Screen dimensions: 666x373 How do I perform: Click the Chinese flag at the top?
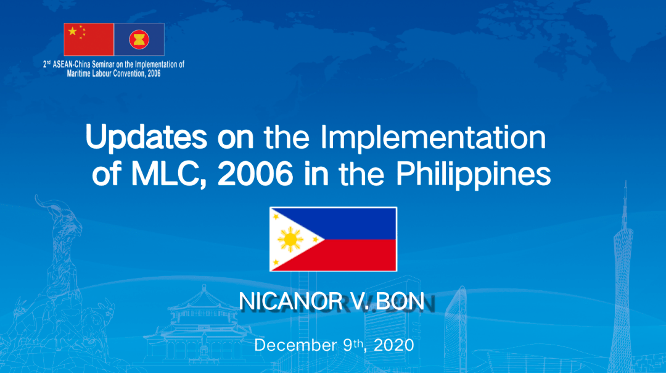click(89, 40)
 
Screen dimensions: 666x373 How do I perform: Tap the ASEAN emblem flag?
click(139, 40)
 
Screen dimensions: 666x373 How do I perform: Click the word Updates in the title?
click(146, 138)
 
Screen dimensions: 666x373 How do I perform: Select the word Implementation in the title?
click(433, 138)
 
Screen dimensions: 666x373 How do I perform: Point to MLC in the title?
click(168, 174)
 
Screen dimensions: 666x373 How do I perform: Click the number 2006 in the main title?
click(255, 174)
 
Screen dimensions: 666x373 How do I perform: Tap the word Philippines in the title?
click(474, 174)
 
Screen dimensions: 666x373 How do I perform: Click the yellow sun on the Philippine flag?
click(290, 240)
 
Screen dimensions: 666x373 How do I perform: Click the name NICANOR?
click(290, 301)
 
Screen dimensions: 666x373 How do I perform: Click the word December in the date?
click(295, 345)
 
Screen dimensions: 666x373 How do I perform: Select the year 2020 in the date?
click(393, 345)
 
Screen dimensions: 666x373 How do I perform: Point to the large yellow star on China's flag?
click(73, 31)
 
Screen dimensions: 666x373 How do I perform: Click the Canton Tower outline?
click(623, 281)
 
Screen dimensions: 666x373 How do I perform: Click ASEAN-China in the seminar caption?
click(72, 65)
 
